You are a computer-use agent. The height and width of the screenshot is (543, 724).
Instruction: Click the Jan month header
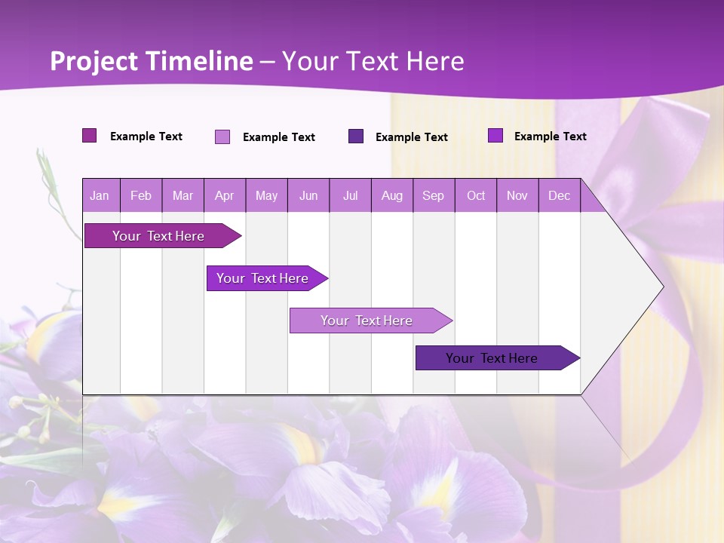click(100, 195)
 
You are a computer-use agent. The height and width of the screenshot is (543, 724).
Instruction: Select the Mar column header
click(183, 195)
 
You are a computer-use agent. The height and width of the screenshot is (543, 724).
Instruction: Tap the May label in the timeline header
click(266, 195)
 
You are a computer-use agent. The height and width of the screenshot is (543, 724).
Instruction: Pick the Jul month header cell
click(351, 195)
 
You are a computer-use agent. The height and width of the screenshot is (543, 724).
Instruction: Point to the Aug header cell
click(391, 195)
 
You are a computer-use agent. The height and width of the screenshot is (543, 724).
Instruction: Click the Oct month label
click(476, 195)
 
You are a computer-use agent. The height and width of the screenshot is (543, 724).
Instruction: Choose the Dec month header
click(559, 195)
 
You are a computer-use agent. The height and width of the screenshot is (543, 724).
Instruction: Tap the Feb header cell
click(141, 195)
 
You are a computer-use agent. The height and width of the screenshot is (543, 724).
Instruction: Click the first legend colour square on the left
click(90, 136)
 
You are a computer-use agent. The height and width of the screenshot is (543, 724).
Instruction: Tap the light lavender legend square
click(222, 137)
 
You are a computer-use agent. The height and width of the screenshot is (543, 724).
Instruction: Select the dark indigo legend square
click(356, 137)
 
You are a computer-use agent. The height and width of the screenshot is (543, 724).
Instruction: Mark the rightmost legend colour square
click(495, 136)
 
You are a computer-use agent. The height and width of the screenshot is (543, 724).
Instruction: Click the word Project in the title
click(94, 60)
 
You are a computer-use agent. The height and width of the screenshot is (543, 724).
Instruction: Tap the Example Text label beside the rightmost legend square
click(550, 136)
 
